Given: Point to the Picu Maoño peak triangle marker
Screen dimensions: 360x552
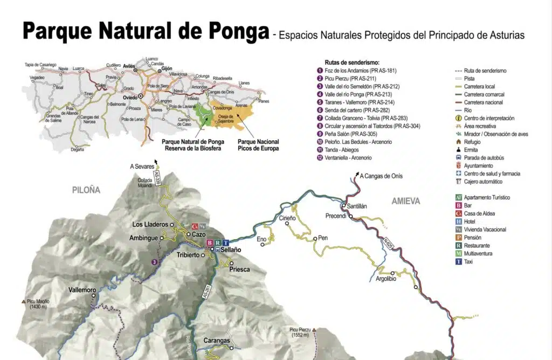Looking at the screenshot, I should click(23, 302).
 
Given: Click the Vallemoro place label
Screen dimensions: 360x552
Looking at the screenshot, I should click(82, 290).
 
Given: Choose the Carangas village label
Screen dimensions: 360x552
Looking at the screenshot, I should click(217, 341).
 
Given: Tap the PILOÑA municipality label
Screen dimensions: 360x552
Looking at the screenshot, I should click(86, 190).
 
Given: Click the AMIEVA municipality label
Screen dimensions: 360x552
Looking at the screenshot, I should click(405, 201).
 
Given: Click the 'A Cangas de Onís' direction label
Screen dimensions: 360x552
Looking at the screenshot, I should click(381, 176).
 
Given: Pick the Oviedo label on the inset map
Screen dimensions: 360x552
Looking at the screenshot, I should click(130, 98).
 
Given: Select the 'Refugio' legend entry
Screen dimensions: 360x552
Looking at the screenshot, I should click(472, 142).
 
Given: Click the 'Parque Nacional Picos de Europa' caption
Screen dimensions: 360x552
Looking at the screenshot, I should click(258, 145).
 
